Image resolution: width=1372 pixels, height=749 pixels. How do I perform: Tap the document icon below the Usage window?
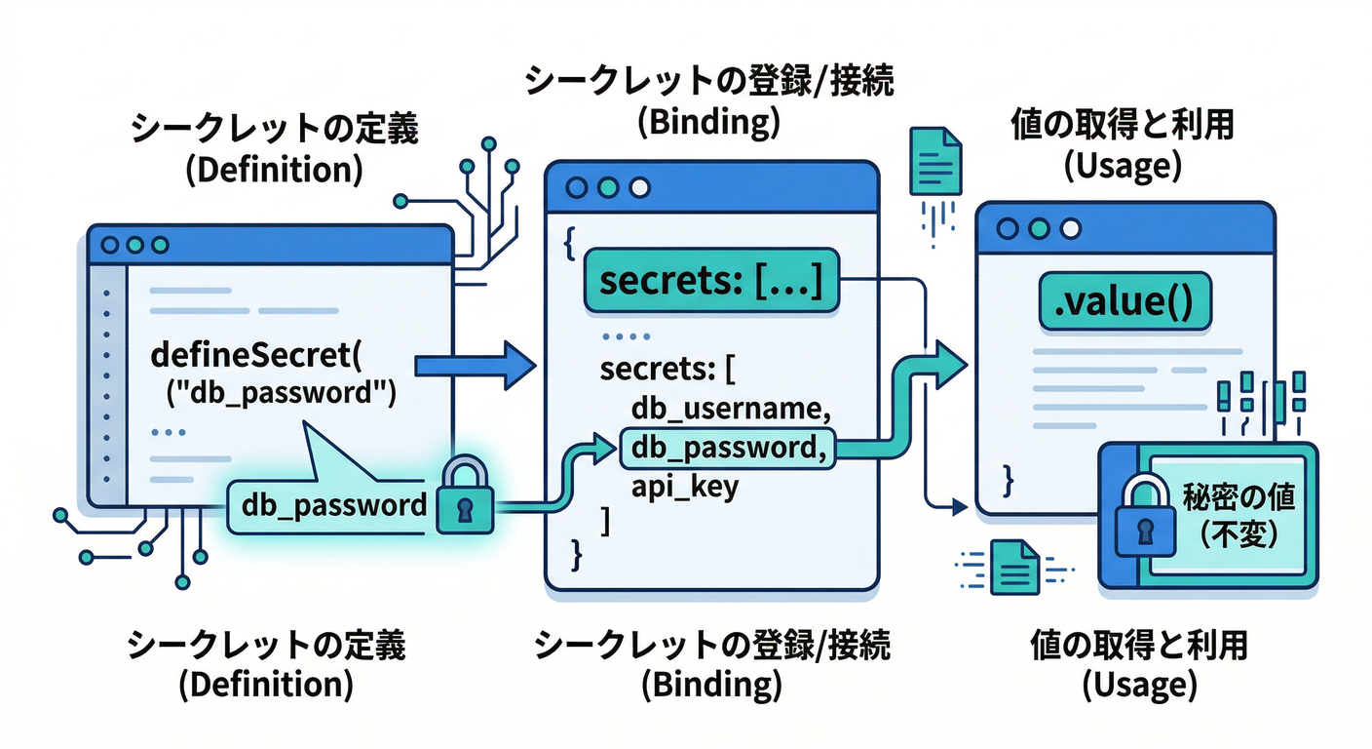coord(1012,567)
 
